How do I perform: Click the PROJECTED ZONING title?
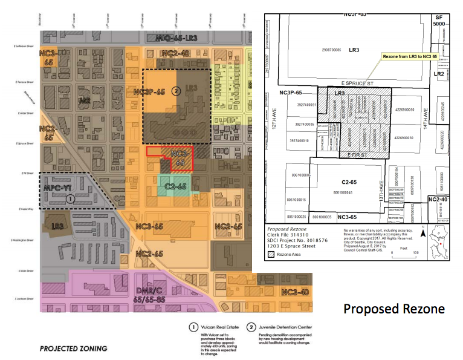point(73,349)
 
